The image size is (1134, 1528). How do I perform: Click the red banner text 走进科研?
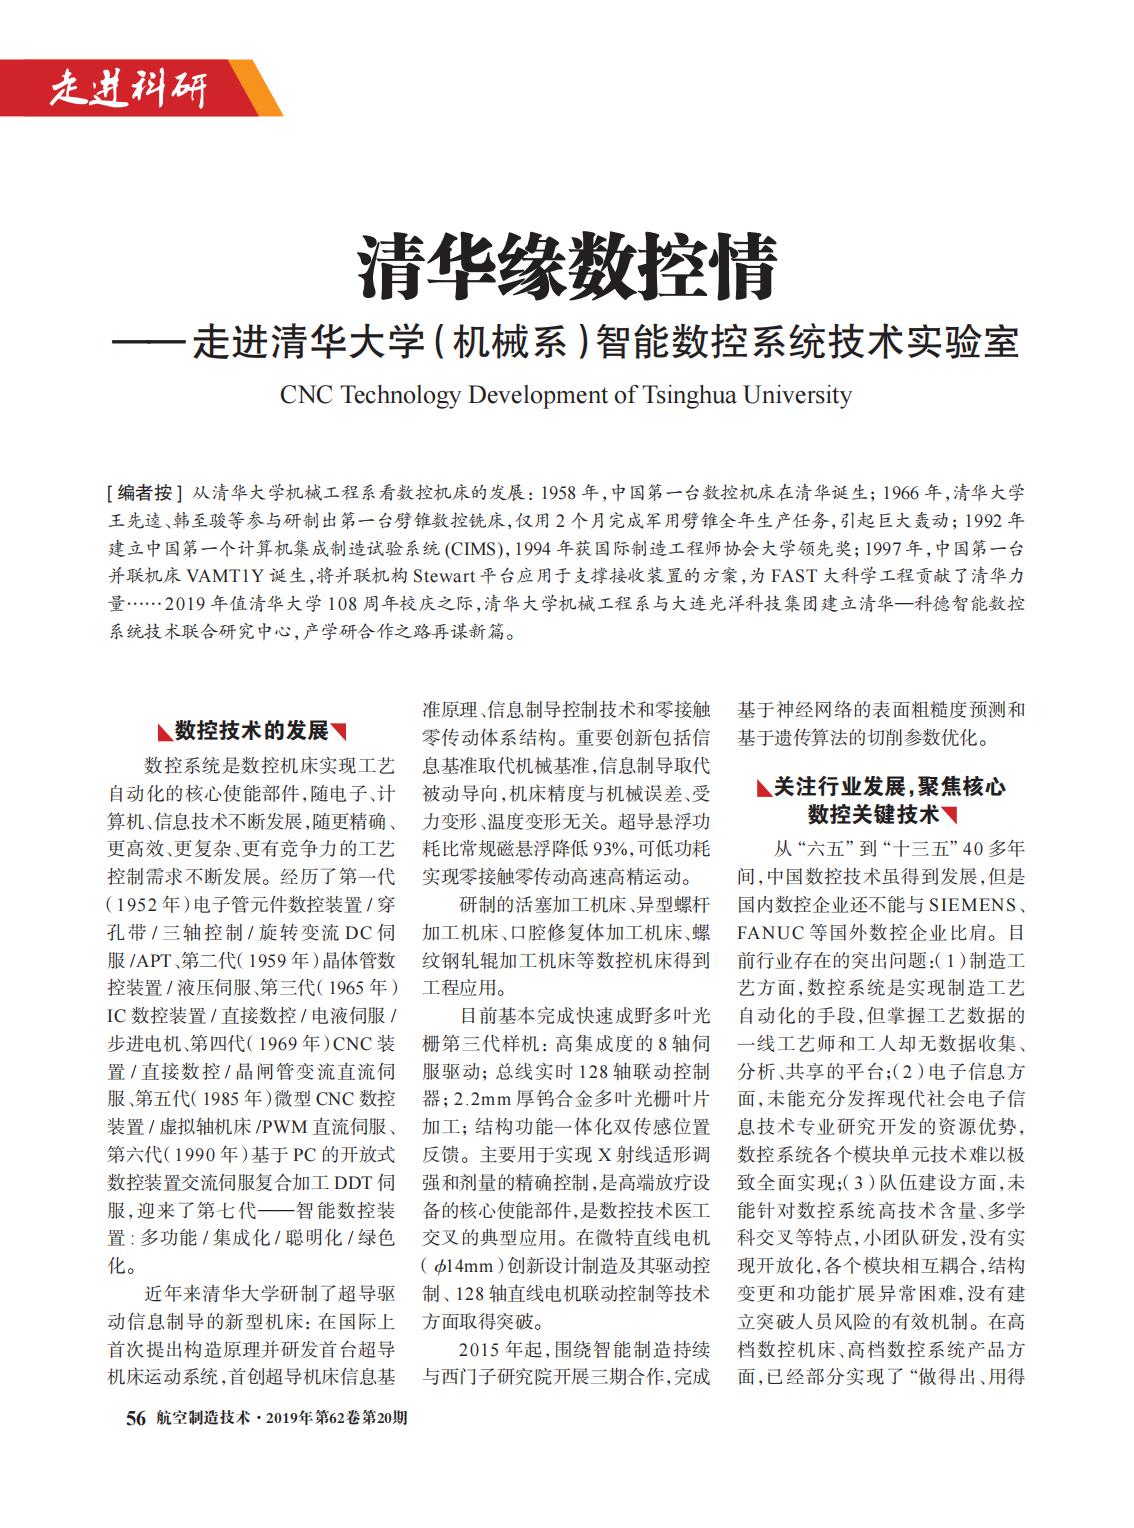click(128, 90)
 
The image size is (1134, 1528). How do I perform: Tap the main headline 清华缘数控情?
click(567, 267)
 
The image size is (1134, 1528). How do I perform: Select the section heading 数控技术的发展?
click(252, 730)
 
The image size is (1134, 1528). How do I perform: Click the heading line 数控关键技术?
click(874, 815)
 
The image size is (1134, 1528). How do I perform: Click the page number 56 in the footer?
click(136, 1419)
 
